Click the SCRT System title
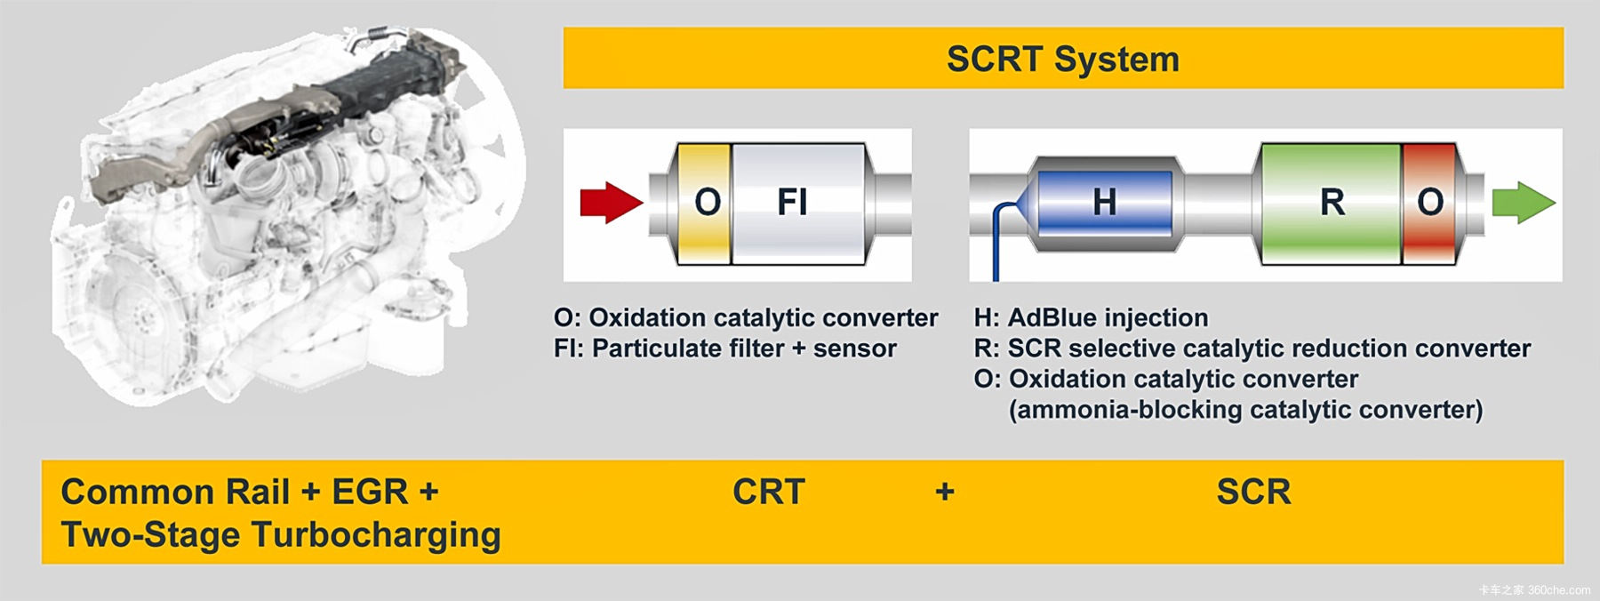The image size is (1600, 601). point(1063,60)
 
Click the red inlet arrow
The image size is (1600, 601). point(612,203)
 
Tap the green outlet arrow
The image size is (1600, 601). point(1524,203)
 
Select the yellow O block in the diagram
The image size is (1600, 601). point(705,204)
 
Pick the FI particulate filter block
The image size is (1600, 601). point(798,204)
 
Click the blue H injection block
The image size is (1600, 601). point(1104,203)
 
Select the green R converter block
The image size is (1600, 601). point(1331,204)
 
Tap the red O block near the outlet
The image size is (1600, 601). point(1429,204)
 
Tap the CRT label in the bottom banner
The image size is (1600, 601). point(768,492)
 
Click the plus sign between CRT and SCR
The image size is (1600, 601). point(945,491)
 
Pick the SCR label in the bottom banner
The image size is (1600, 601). point(1253,492)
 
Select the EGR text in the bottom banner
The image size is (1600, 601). point(370,492)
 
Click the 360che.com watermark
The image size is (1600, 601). point(1534,589)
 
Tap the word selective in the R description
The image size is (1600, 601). point(1123,349)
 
